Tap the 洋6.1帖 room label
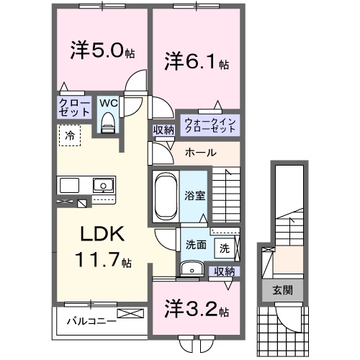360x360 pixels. click(196, 61)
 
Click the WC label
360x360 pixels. click(107, 103)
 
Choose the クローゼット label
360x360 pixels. click(74, 109)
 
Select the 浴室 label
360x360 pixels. click(194, 195)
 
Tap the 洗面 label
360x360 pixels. click(195, 245)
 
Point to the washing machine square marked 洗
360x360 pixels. click(224, 248)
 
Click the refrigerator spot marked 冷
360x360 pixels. click(70, 135)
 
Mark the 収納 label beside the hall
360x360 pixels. click(163, 130)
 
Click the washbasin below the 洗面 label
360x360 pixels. click(190, 269)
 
